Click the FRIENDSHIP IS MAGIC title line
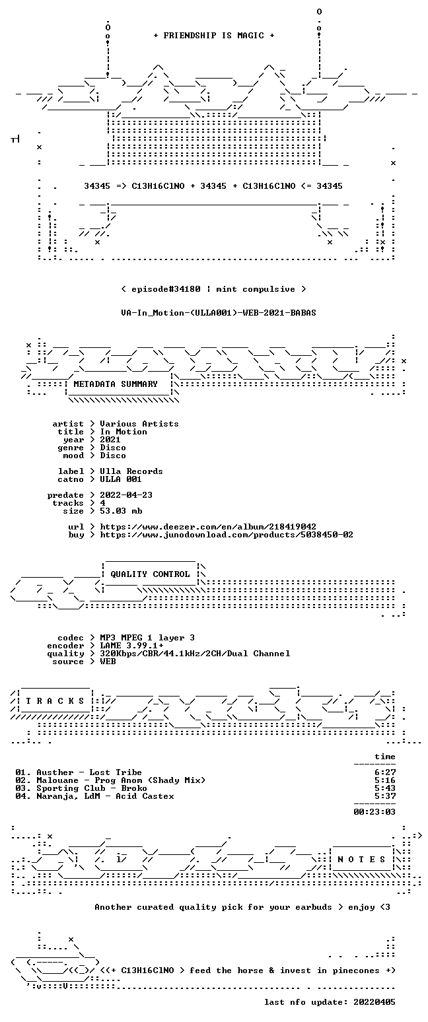[214, 36]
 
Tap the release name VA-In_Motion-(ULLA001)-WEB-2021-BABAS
[219, 313]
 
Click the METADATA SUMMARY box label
[116, 384]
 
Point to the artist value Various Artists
[139, 424]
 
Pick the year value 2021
[110, 440]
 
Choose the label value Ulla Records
[131, 471]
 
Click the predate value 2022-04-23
[126, 495]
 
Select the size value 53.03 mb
[121, 511]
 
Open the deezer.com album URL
[208, 527]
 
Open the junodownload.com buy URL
[227, 535]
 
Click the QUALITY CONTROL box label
[150, 574]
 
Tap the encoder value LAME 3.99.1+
[131, 646]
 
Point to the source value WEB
[108, 662]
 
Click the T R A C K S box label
[55, 700]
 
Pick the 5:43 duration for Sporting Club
[385, 788]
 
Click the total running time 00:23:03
[374, 812]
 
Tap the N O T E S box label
[361, 860]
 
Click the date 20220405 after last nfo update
[374, 1002]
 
